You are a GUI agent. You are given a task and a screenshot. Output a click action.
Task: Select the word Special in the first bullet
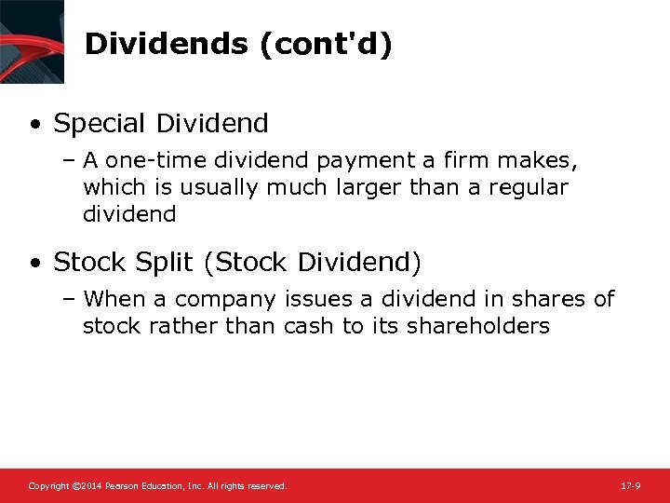[100, 123]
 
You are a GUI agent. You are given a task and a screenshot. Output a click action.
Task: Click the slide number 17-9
[629, 486]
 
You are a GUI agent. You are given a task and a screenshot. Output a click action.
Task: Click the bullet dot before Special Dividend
[34, 124]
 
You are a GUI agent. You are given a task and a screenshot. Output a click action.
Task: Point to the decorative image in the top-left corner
[33, 42]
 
